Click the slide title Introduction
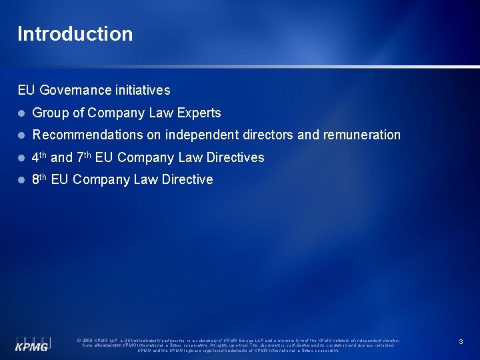tap(75, 34)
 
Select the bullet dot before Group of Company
tap(21, 113)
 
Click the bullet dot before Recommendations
tap(21, 135)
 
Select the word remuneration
tap(362, 135)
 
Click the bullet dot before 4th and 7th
tap(21, 158)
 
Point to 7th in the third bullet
tap(84, 157)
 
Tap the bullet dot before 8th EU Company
tap(21, 180)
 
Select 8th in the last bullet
tap(39, 179)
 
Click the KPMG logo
tap(32, 341)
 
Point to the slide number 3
tap(461, 341)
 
